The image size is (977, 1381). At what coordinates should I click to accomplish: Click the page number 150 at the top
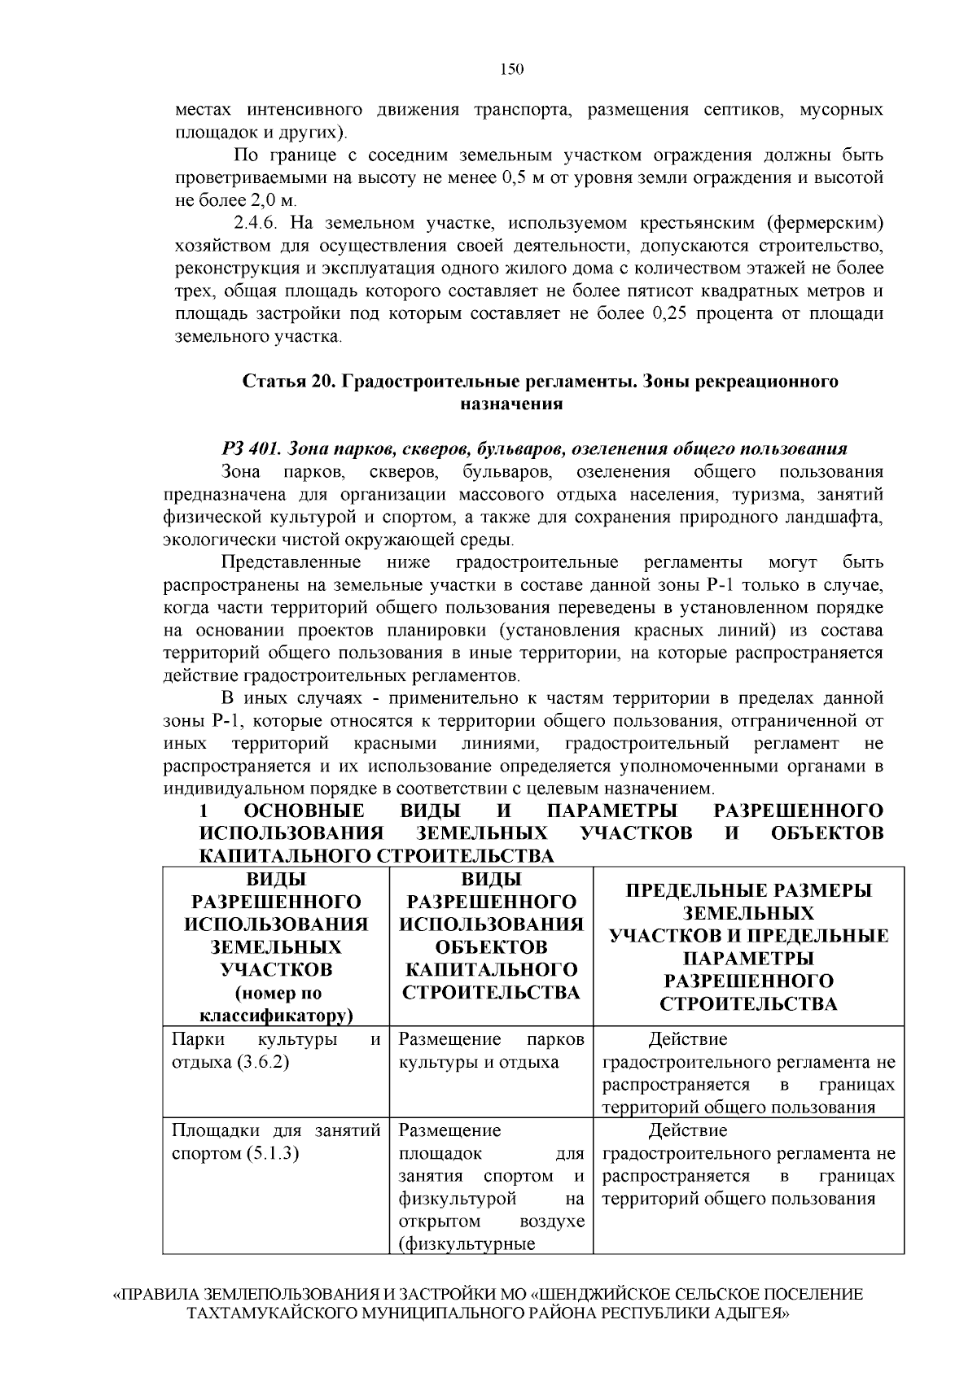pyautogui.click(x=511, y=69)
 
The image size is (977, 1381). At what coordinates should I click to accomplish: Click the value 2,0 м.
pyautogui.click(x=276, y=200)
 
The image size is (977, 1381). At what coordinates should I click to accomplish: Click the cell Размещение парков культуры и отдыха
pyautogui.click(x=491, y=1051)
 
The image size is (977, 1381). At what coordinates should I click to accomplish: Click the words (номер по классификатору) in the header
pyautogui.click(x=277, y=1004)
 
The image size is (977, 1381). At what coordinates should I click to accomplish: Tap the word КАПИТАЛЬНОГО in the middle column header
pyautogui.click(x=491, y=970)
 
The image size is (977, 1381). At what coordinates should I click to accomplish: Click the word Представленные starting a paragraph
pyautogui.click(x=291, y=563)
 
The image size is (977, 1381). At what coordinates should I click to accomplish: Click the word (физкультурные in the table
pyautogui.click(x=467, y=1244)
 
